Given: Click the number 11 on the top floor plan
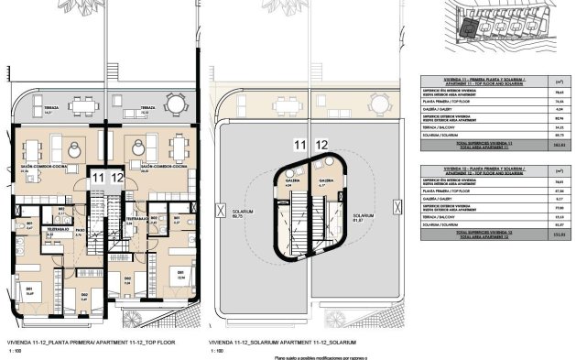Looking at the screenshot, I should tap(98, 179).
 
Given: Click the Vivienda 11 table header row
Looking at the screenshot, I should tap(491, 81).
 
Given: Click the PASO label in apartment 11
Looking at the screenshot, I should tap(80, 231).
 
